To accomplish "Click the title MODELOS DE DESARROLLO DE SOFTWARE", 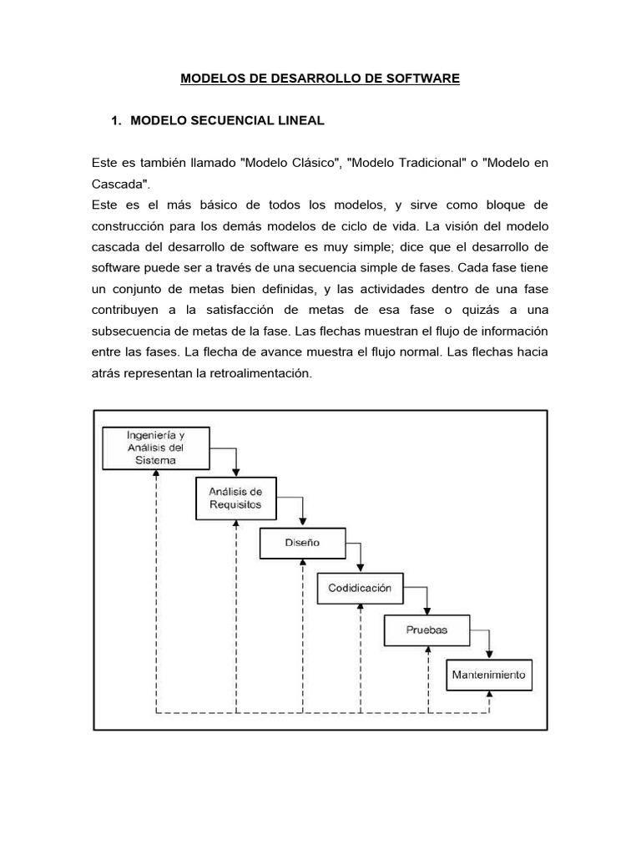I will click(x=320, y=79).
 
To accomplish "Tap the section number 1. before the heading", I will click(x=117, y=121).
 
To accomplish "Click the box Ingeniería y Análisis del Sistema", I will click(x=155, y=448).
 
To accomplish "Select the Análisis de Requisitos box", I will click(x=235, y=498).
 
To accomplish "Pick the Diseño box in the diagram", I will click(x=301, y=543).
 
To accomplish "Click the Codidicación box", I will click(x=359, y=588).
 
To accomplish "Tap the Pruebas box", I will click(x=426, y=630).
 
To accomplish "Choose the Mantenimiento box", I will click(x=489, y=675).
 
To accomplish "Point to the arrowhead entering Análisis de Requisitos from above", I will click(x=237, y=473).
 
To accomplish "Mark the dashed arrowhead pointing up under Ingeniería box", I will click(x=156, y=473).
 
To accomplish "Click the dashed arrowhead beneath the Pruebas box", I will click(x=427, y=651).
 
